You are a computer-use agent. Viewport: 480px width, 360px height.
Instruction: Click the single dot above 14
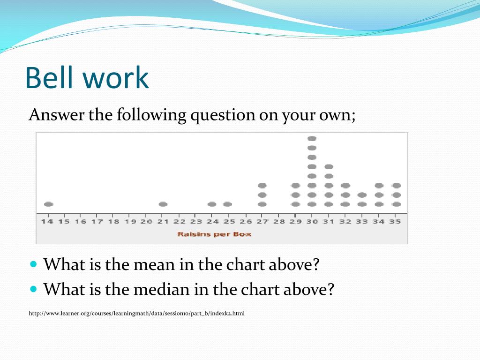point(48,204)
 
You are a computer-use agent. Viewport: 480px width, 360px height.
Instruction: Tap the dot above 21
point(163,204)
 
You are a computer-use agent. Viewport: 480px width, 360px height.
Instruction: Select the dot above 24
point(212,204)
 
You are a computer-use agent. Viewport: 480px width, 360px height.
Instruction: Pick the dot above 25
point(227,204)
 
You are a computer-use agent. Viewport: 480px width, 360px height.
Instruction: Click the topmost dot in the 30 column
point(312,139)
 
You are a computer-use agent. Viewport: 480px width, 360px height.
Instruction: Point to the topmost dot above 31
point(329,167)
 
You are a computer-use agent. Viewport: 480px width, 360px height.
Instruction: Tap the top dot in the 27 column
point(262,186)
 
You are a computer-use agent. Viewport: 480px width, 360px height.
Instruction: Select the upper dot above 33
point(362,195)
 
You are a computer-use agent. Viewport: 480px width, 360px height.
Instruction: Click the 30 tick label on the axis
point(312,221)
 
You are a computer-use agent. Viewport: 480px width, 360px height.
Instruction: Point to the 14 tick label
point(47,221)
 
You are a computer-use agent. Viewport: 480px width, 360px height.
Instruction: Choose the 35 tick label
point(395,221)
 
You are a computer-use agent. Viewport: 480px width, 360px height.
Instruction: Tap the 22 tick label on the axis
point(180,221)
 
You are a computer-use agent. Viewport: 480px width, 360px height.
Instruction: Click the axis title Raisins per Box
point(214,234)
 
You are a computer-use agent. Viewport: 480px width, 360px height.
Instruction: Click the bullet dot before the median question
point(34,289)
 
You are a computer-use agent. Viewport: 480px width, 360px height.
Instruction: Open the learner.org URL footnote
point(136,314)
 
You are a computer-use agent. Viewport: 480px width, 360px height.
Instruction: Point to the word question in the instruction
point(223,116)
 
